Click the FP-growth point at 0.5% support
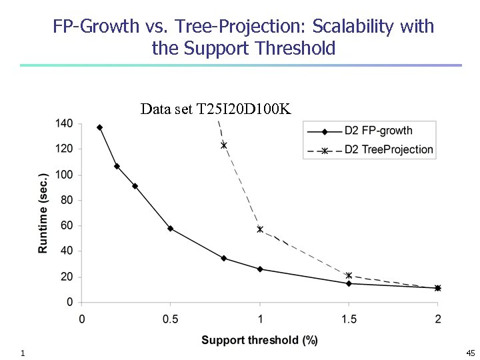pos(171,228)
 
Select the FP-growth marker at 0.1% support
pos(99,127)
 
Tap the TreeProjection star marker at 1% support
pos(260,229)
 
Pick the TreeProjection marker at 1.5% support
pos(349,275)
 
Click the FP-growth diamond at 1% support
pos(260,269)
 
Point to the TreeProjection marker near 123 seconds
pos(224,145)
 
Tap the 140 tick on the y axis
pos(65,123)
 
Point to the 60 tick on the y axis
pos(67,226)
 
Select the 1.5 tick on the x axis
pos(349,319)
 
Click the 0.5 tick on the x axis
pos(171,319)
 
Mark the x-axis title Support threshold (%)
pos(259,340)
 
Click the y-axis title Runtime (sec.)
pos(43,213)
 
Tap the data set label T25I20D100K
pos(215,109)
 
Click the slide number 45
pos(470,353)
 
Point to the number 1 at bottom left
pos(23,353)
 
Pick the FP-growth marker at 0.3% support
pos(135,186)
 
